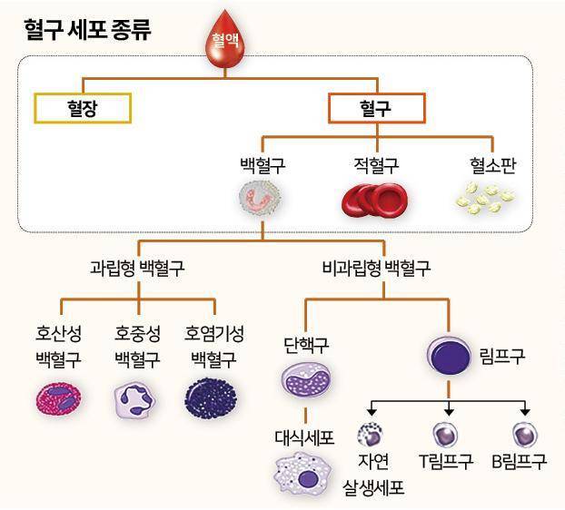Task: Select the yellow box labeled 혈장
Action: (x=83, y=108)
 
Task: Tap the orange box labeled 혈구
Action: (x=376, y=108)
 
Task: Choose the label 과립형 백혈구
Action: (x=137, y=268)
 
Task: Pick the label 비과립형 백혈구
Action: (x=376, y=268)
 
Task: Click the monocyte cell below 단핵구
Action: (x=307, y=379)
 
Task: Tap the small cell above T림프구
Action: (x=447, y=433)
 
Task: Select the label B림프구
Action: (x=519, y=461)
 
